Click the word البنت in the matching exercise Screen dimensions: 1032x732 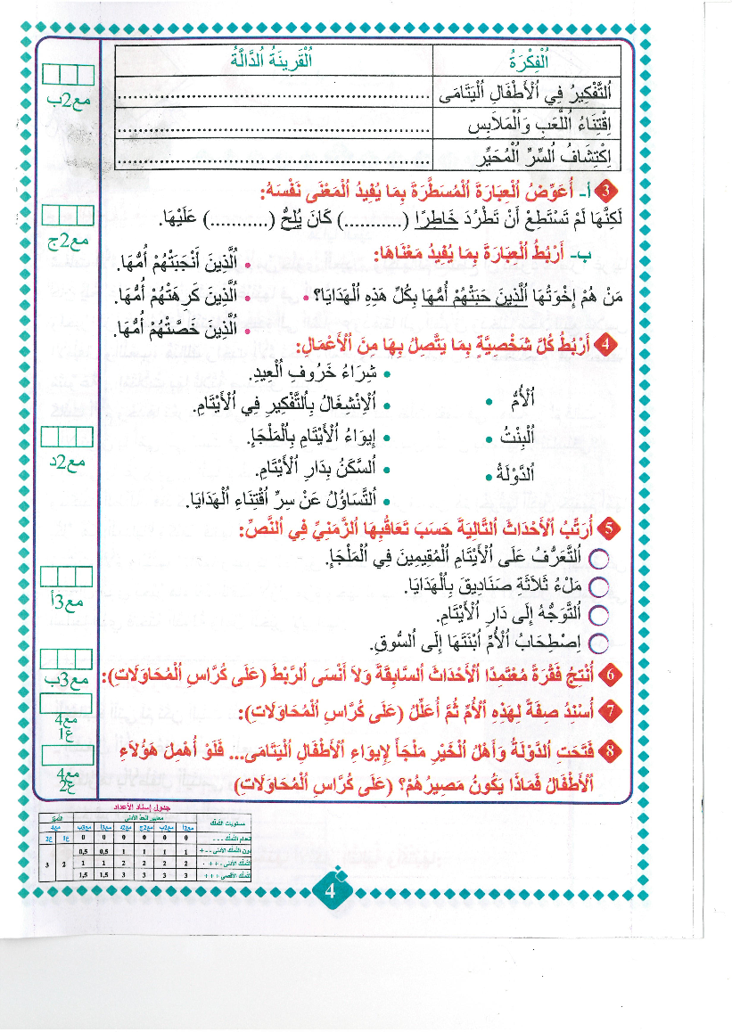[x=522, y=440]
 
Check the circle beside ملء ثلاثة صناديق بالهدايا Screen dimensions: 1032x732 [x=598, y=586]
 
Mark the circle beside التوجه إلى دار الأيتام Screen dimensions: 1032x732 [x=598, y=614]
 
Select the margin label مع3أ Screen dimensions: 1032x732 [x=70, y=603]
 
